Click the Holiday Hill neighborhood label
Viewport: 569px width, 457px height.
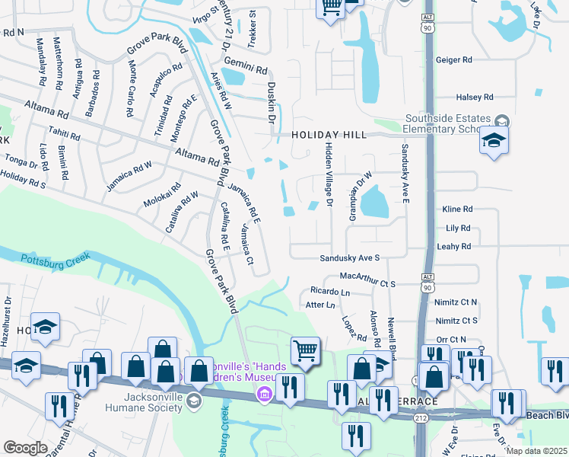point(329,135)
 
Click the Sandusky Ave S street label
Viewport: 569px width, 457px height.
point(349,259)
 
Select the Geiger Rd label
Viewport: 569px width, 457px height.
point(453,60)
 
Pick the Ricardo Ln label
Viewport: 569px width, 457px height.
point(329,292)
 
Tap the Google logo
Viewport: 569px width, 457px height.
point(25,447)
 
